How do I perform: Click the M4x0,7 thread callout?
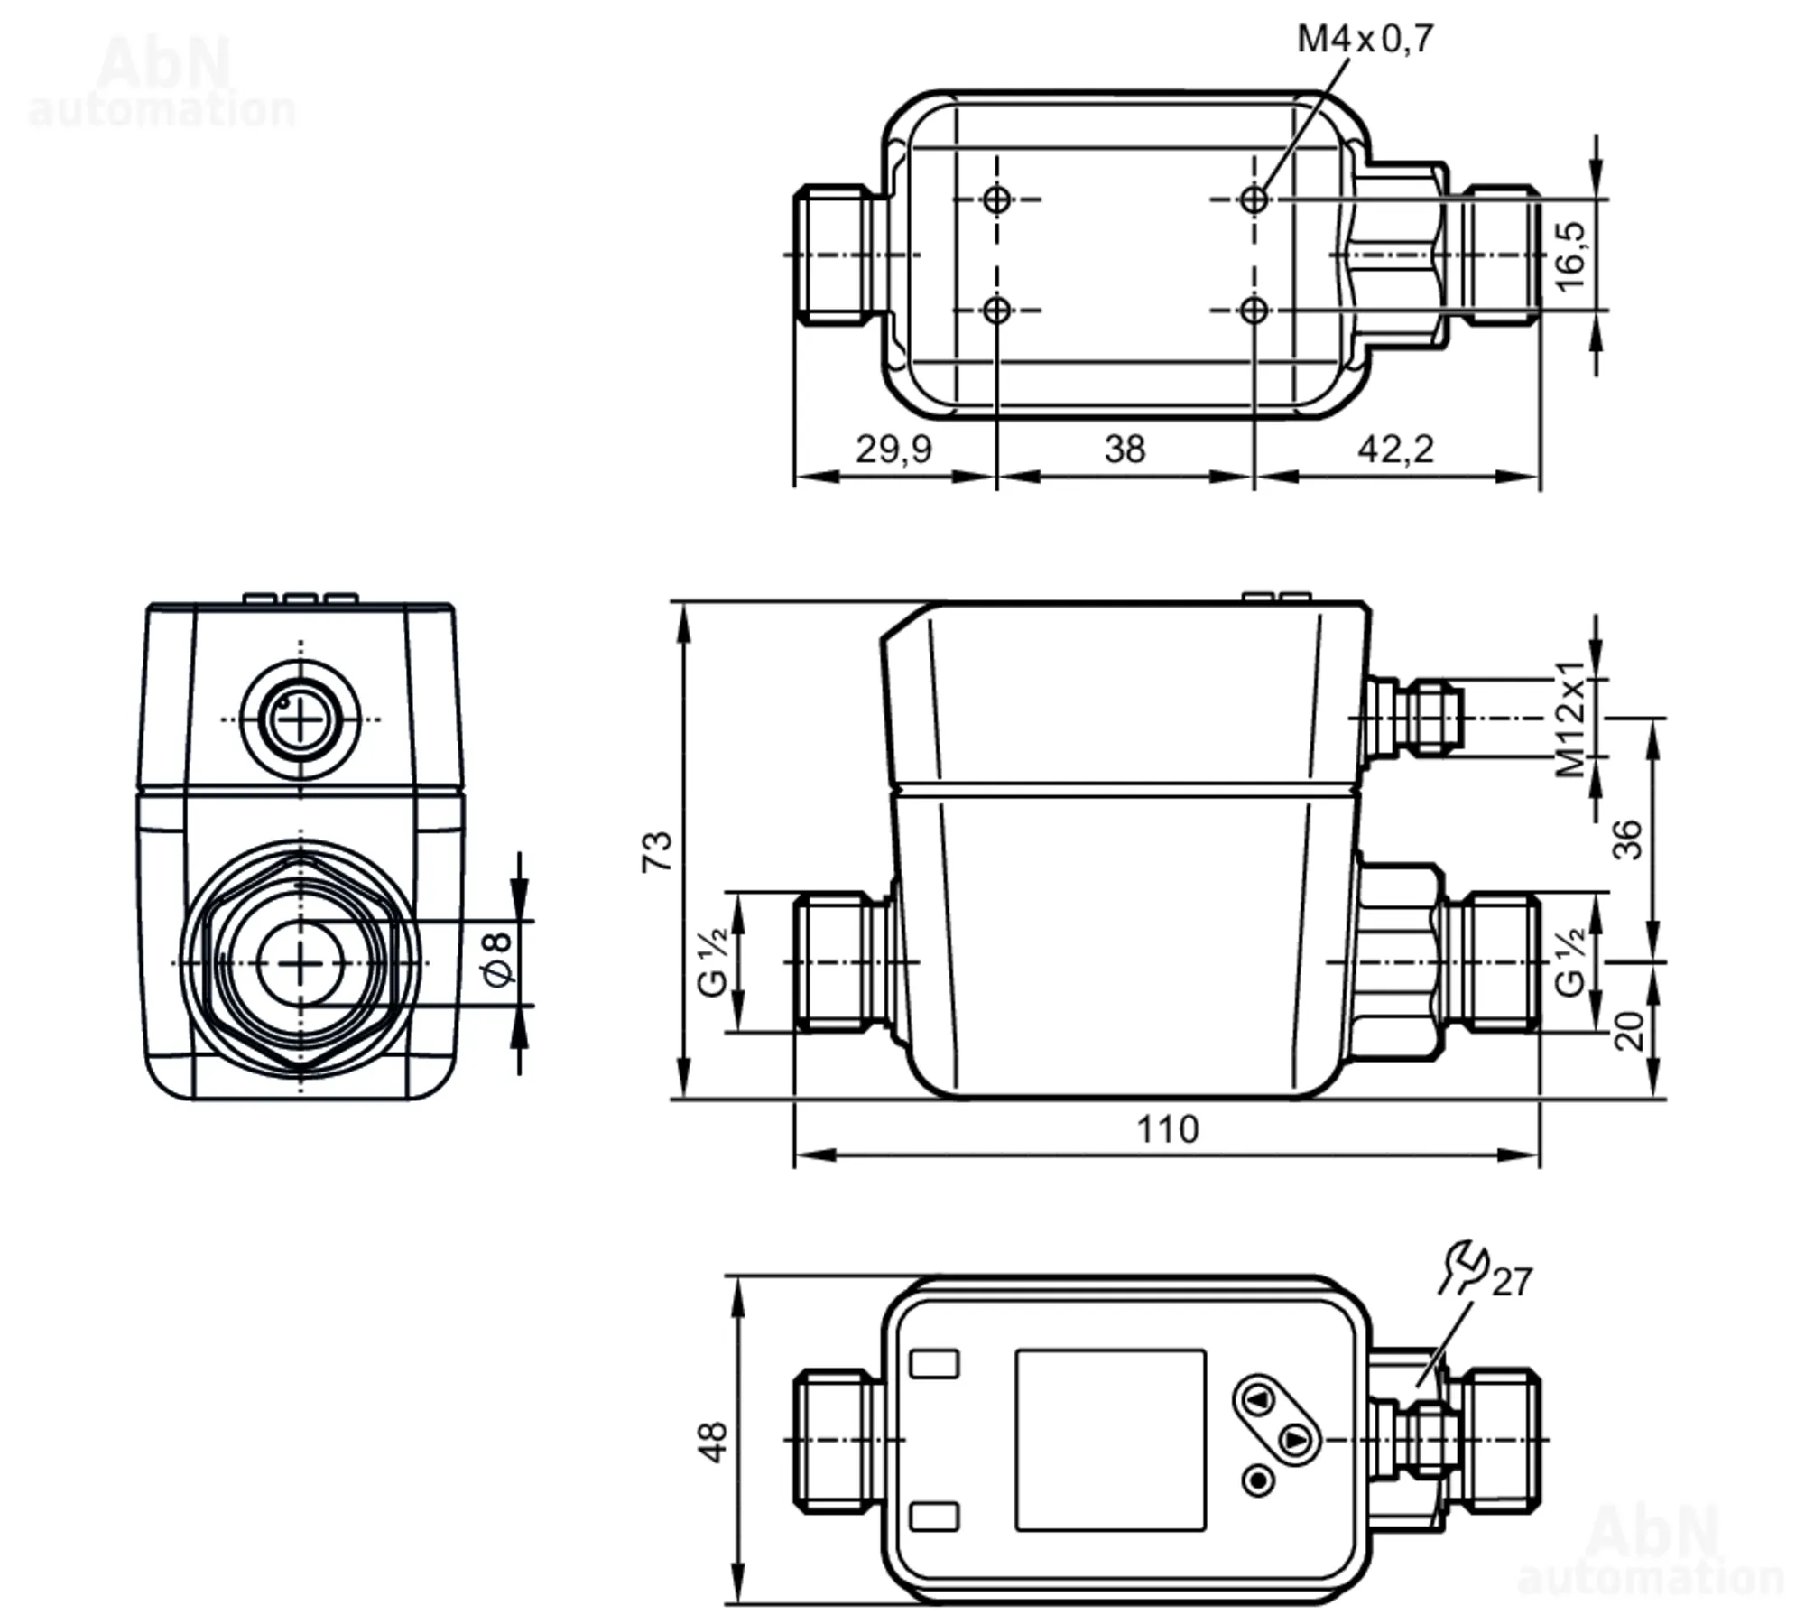[x=1365, y=39]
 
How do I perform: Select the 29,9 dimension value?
[x=893, y=449]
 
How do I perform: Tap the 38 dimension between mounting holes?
[x=1125, y=449]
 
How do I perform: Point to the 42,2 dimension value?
[x=1395, y=449]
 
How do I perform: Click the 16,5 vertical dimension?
[x=1570, y=255]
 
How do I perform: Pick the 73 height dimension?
[x=657, y=851]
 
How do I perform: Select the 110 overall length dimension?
[x=1167, y=1129]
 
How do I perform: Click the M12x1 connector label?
[x=1570, y=719]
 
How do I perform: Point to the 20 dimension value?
[x=1628, y=1031]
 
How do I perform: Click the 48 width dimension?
[x=713, y=1442]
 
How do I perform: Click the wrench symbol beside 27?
[x=1463, y=1267]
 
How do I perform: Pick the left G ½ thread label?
[x=713, y=962]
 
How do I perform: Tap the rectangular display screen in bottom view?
[x=1110, y=1440]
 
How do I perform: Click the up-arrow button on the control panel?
[x=1259, y=1400]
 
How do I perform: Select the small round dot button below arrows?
[x=1258, y=1480]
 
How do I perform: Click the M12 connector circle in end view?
[x=300, y=719]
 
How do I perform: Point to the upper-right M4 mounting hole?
[x=1254, y=200]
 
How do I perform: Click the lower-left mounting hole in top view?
[x=996, y=311]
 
